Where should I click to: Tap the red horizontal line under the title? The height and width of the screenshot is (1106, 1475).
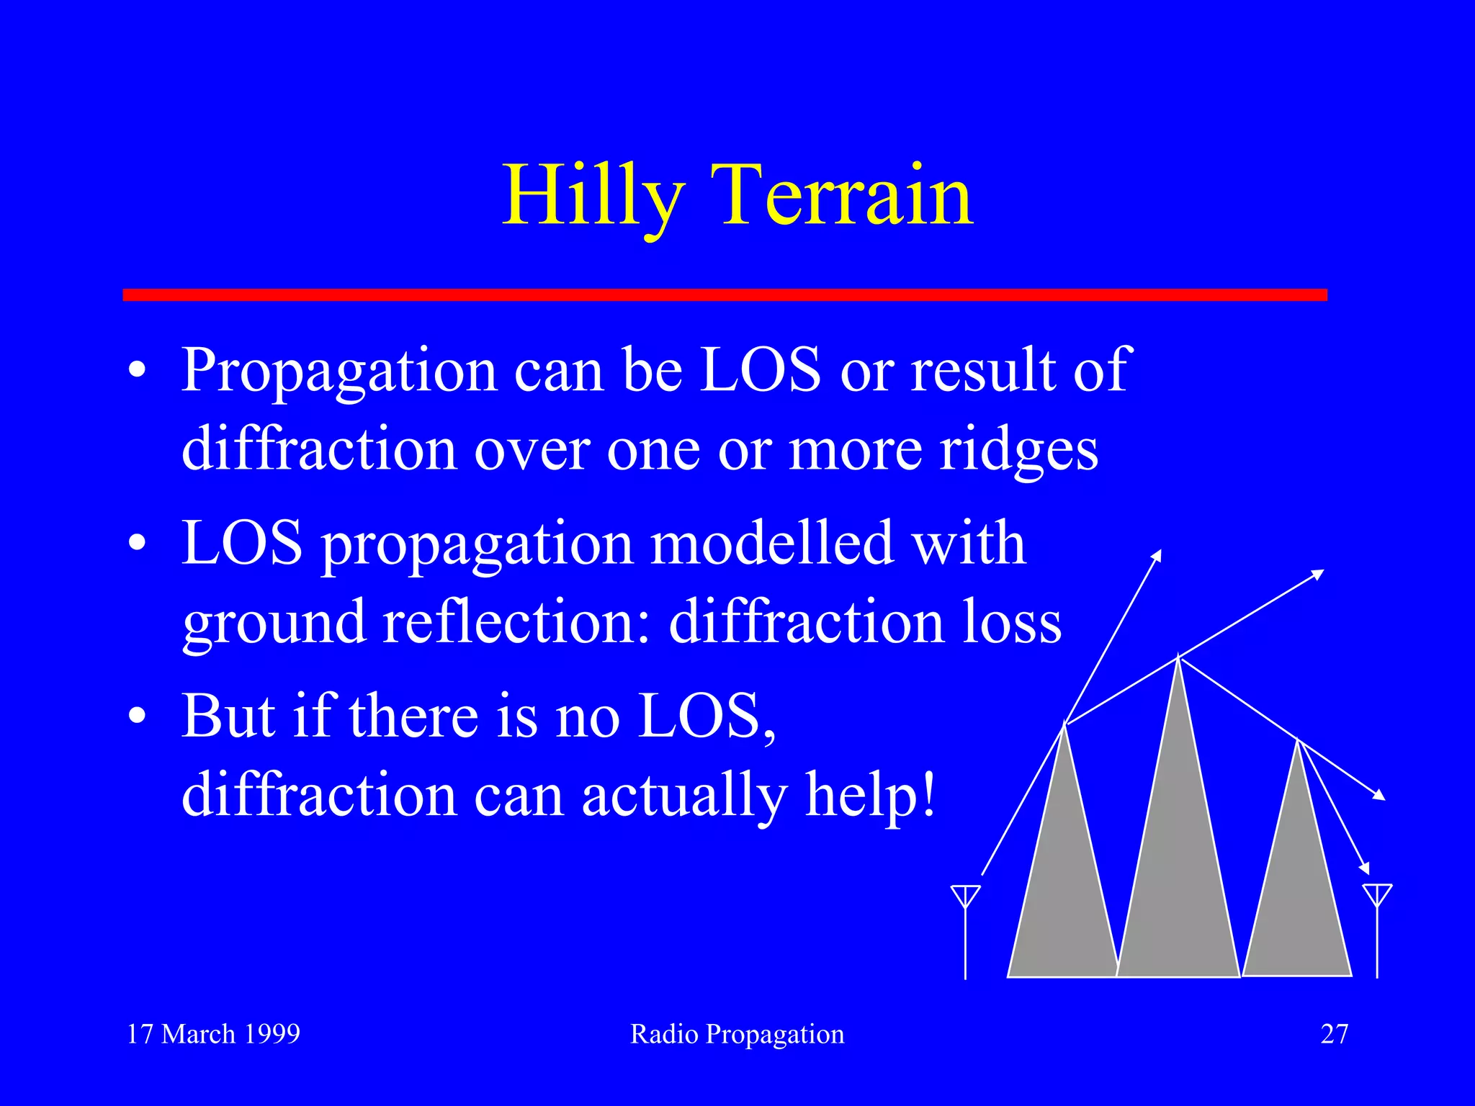(725, 295)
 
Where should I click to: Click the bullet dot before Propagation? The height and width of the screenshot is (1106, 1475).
(138, 372)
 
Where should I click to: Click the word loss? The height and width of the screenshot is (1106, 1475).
(1011, 621)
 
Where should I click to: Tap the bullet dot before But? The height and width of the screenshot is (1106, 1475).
(138, 717)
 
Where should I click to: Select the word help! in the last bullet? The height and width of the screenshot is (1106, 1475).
(871, 795)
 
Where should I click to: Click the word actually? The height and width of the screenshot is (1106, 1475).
(683, 796)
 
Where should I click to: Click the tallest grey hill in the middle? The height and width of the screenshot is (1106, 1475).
(1178, 864)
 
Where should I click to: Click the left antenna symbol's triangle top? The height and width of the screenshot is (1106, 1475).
(965, 895)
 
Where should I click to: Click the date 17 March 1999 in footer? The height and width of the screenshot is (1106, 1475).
(213, 1034)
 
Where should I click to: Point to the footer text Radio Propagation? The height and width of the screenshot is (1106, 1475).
(737, 1034)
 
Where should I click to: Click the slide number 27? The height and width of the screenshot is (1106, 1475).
(1334, 1034)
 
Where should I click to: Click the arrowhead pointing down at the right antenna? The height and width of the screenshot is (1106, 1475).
(1364, 868)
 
